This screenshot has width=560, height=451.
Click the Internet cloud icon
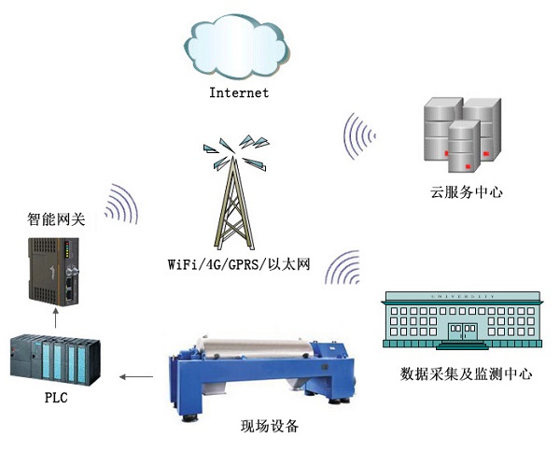(x=237, y=46)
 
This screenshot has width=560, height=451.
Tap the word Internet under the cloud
(x=239, y=93)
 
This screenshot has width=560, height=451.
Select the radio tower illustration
(x=236, y=192)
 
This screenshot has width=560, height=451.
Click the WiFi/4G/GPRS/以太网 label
(x=239, y=264)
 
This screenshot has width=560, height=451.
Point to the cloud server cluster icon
(x=463, y=135)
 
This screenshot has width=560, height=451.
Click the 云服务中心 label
(x=467, y=192)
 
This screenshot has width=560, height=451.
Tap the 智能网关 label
(x=56, y=219)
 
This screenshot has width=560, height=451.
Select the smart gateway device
(x=53, y=272)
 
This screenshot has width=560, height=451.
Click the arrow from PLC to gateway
(x=55, y=318)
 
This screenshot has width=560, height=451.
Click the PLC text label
(x=56, y=398)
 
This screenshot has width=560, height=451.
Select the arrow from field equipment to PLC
(x=136, y=376)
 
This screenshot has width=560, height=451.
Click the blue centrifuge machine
(x=262, y=377)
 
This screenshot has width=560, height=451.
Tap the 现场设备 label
(x=270, y=426)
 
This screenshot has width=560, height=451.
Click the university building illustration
(x=463, y=320)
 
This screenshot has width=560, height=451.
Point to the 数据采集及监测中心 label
(x=467, y=374)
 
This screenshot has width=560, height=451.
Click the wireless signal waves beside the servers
(x=359, y=136)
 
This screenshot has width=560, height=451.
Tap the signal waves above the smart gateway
(x=121, y=204)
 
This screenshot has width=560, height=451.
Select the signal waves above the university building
(x=343, y=267)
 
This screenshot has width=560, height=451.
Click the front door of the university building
(x=463, y=331)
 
